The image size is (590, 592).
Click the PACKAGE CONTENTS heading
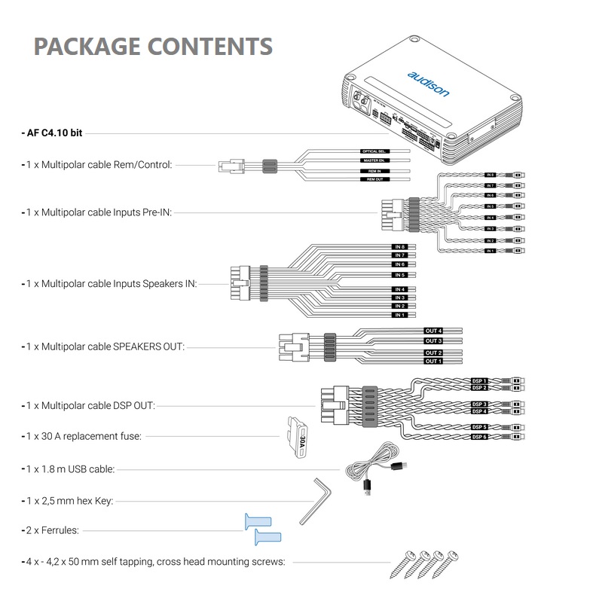(153, 47)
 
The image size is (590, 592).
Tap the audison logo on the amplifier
(428, 84)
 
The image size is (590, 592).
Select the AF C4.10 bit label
(53, 133)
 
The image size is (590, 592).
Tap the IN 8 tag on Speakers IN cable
(400, 247)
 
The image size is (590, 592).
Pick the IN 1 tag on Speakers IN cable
(400, 315)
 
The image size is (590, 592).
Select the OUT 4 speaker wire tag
(433, 331)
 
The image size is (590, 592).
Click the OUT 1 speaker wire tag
(433, 362)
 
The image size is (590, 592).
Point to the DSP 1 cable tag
(480, 381)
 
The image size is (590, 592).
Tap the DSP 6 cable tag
(480, 437)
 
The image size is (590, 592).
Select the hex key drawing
(313, 500)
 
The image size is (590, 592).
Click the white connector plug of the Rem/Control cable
(231, 165)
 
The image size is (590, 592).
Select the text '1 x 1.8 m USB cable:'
(70, 468)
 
